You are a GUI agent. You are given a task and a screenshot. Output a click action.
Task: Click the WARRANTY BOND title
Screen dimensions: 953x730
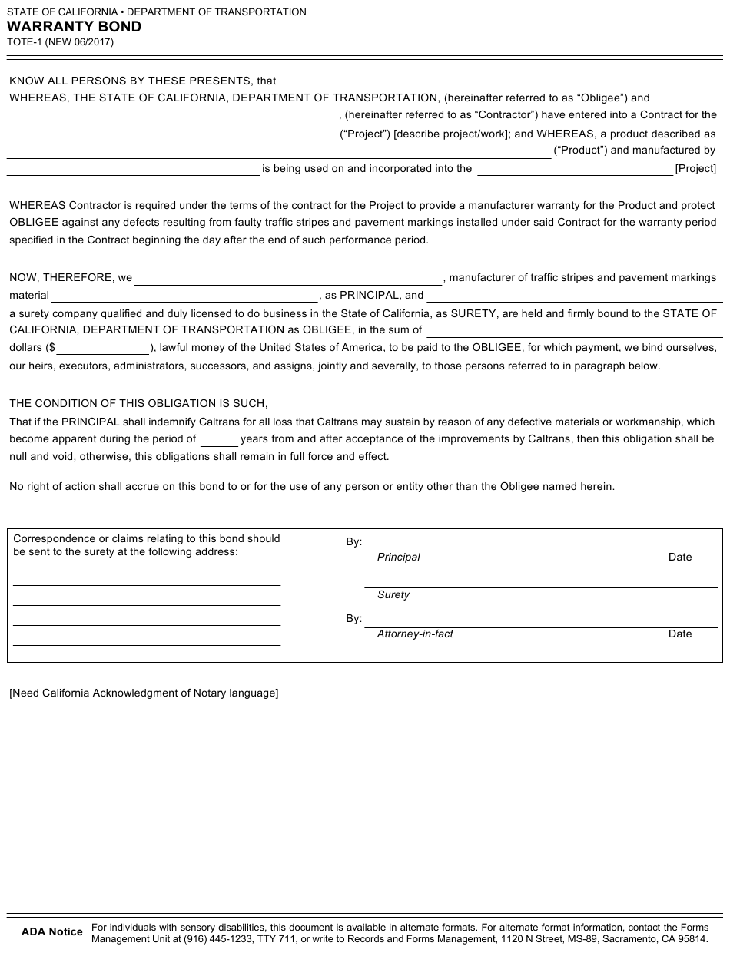tap(75, 27)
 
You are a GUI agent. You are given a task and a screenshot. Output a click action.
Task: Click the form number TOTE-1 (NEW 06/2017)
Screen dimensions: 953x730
tap(61, 43)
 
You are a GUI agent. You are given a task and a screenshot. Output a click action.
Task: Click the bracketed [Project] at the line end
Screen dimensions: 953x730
tap(695, 169)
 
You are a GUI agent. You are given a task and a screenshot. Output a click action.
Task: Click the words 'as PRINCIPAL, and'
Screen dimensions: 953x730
tap(374, 295)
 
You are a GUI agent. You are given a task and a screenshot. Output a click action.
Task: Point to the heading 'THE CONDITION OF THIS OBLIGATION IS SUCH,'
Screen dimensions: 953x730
tap(138, 403)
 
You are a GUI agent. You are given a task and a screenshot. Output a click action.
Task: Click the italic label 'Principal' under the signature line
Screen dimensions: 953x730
tap(398, 558)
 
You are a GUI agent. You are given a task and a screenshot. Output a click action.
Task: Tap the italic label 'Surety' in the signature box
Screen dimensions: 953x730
tap(393, 595)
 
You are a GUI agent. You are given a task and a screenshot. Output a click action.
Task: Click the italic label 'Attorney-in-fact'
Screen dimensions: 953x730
tap(415, 634)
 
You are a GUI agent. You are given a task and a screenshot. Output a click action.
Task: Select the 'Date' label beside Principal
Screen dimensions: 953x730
tap(680, 558)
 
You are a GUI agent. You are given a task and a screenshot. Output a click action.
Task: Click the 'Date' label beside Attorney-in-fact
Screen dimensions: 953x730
tap(680, 634)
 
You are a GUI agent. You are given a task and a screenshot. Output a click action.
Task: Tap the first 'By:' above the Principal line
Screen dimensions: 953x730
tap(353, 542)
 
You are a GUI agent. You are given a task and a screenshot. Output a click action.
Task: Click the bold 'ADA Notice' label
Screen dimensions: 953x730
tap(52, 932)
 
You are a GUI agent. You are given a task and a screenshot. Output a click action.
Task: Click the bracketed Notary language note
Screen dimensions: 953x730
tap(144, 693)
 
